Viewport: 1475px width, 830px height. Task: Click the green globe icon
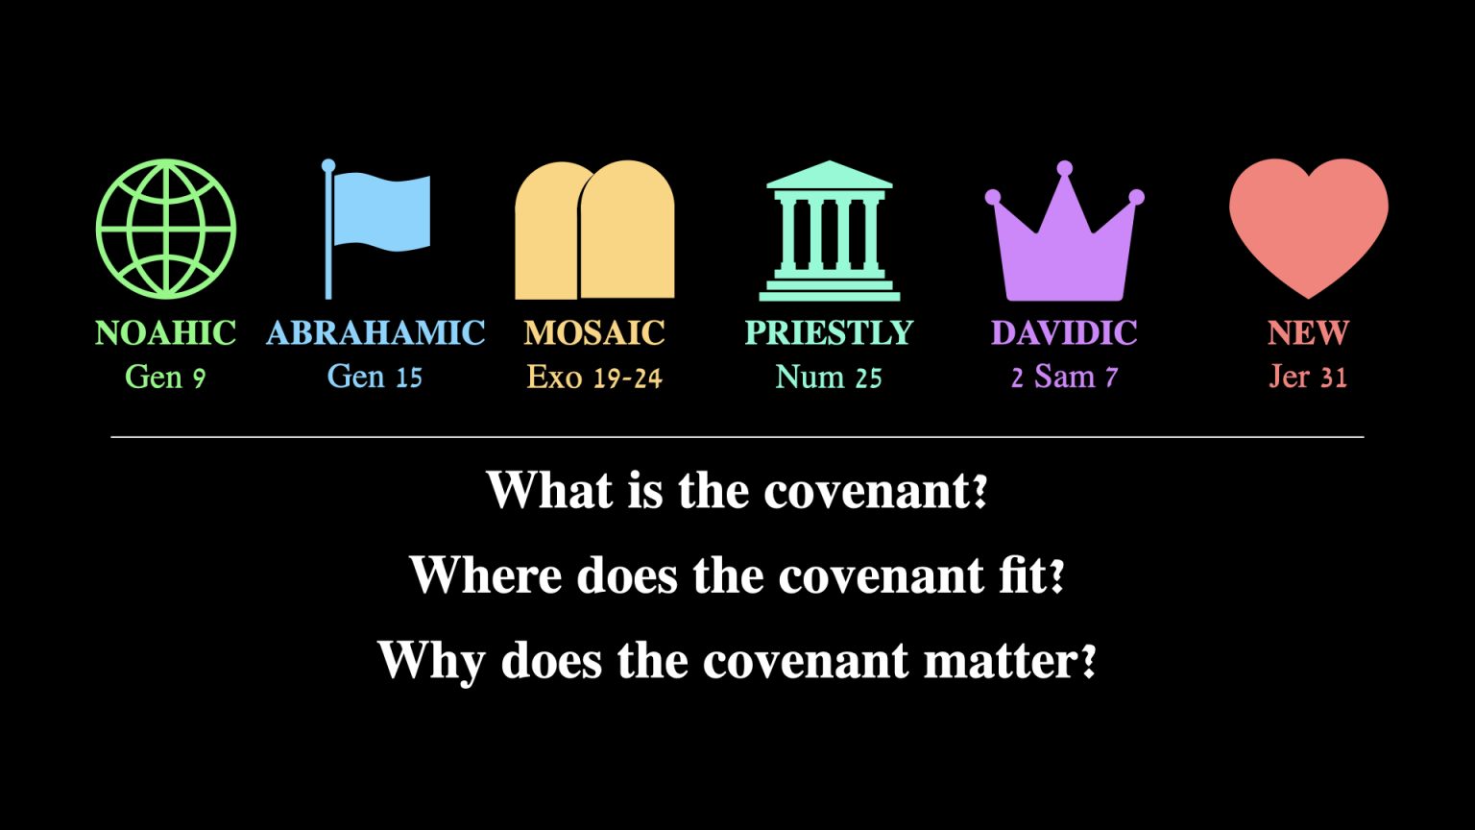166,229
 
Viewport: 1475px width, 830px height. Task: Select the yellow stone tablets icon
594,231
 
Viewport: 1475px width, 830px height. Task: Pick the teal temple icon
829,231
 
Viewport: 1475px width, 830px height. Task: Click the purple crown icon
1064,240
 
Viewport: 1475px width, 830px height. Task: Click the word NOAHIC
166,332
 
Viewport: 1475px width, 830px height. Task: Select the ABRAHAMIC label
375,332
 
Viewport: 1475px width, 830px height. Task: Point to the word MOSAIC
594,332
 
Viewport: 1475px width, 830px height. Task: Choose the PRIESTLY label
829,332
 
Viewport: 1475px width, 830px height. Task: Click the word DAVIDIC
1064,332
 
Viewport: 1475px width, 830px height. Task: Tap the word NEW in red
1308,332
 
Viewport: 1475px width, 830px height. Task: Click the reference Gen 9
165,377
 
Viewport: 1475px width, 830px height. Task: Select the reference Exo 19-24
594,377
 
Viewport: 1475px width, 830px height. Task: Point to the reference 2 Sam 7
1064,377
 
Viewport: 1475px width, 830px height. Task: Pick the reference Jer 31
1308,377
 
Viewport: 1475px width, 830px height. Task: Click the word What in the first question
549,490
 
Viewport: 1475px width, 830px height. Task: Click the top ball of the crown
1064,170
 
